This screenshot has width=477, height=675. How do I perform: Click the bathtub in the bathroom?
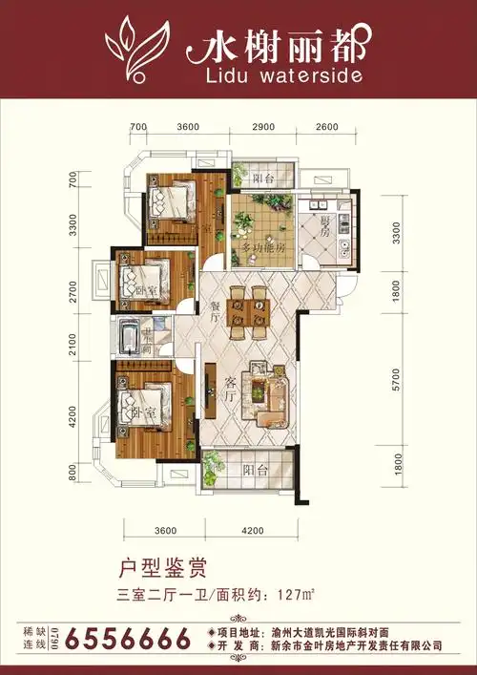point(129,338)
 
